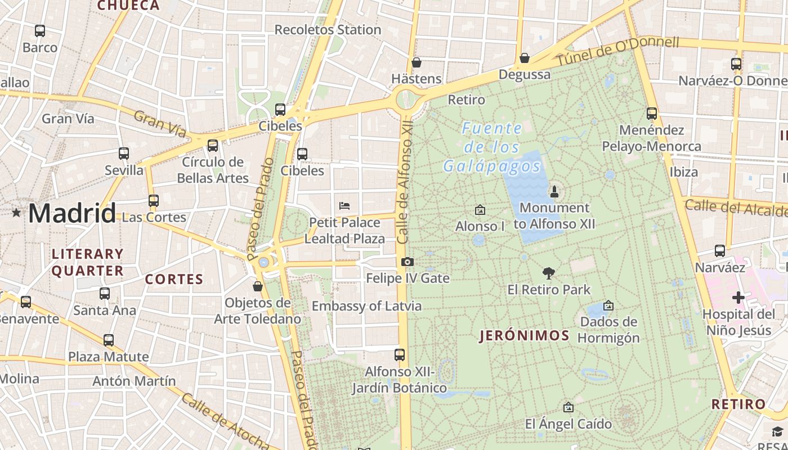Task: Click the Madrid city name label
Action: [72, 213]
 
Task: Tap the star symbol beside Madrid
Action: [16, 213]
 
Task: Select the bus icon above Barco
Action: [40, 31]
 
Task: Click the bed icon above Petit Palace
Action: [344, 206]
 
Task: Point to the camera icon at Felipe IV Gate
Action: [408, 262]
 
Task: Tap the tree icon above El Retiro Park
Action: [549, 273]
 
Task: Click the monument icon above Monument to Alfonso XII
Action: [554, 191]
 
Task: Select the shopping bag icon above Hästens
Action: [417, 62]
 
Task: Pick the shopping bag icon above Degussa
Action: [525, 58]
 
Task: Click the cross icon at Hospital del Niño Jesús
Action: [738, 297]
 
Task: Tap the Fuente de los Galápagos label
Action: [492, 147]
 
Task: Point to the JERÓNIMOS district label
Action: [525, 336]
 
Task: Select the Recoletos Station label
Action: [328, 30]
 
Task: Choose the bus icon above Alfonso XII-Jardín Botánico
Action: [400, 355]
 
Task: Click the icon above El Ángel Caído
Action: [568, 407]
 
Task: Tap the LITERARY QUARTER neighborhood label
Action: [88, 262]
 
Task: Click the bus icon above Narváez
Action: [720, 251]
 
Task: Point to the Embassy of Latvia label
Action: [366, 306]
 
